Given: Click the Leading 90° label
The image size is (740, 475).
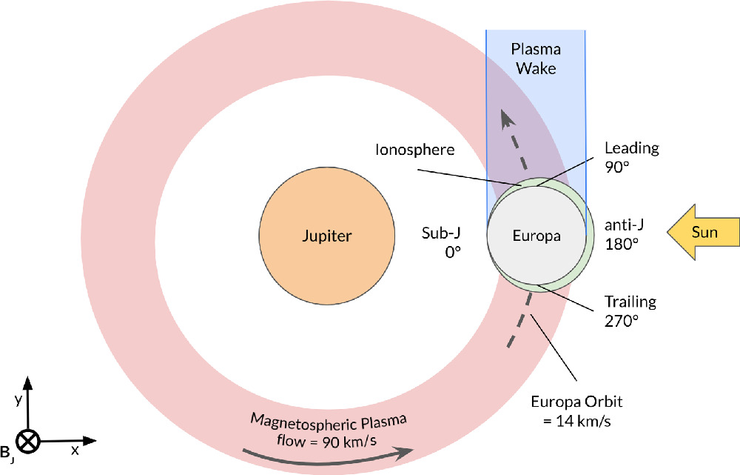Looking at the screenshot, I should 631,157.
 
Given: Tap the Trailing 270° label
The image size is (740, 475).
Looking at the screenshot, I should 630,312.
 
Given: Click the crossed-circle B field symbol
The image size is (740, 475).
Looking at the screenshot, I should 28,442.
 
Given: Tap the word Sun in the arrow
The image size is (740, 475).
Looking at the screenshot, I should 705,232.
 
